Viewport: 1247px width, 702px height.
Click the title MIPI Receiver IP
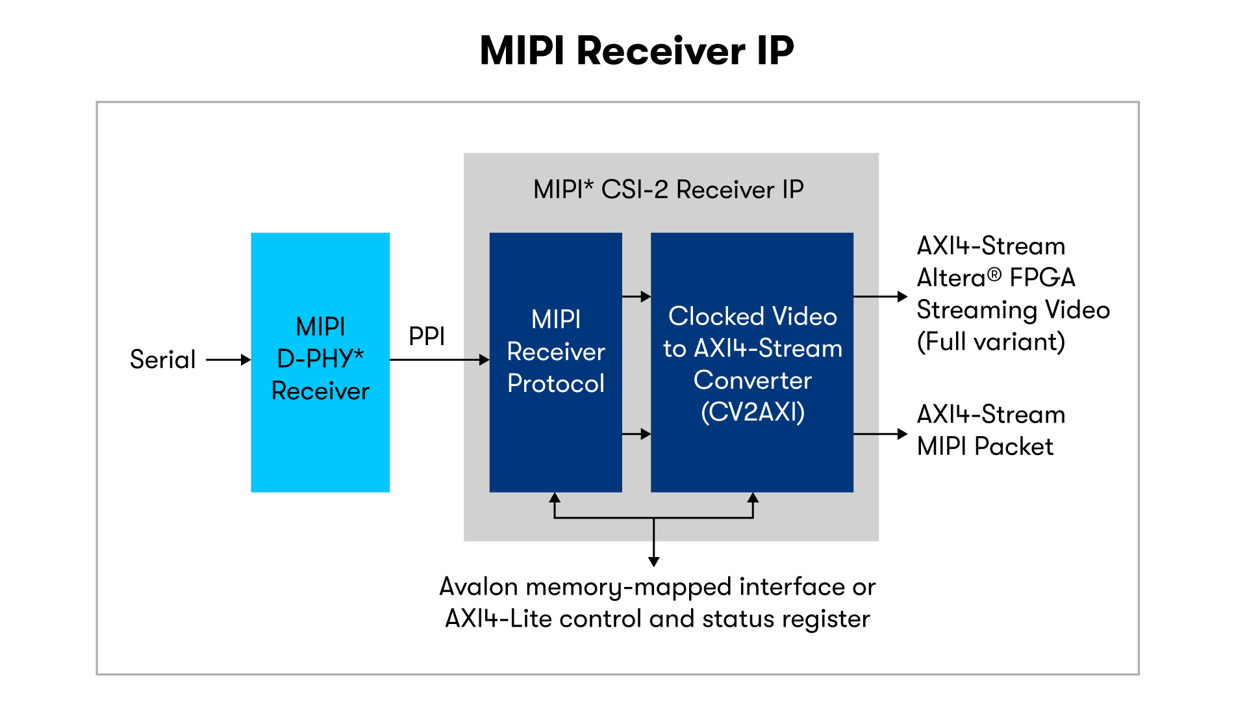coord(636,51)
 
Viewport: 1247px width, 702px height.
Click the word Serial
coord(162,359)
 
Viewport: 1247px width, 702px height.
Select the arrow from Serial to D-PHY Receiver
coord(228,359)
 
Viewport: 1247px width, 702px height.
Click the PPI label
coord(427,337)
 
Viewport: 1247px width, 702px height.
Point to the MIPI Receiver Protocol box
coord(555,442)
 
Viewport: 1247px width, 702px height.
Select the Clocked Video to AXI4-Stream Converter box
coord(751,455)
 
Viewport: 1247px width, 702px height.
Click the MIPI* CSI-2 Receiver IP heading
coord(668,190)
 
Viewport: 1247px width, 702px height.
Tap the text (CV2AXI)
coord(753,412)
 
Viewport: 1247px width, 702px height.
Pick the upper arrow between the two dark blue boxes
coord(636,296)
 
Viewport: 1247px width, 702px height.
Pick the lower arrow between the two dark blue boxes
coord(636,434)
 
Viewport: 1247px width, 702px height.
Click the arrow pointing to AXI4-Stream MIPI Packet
coord(880,434)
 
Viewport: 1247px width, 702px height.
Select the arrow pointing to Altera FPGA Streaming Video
coord(880,296)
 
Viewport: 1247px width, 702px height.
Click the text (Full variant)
coord(990,342)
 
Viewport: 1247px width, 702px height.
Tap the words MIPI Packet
coord(985,447)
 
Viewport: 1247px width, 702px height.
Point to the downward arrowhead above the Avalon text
coord(654,561)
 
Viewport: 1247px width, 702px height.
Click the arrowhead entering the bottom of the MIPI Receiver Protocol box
coord(555,498)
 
